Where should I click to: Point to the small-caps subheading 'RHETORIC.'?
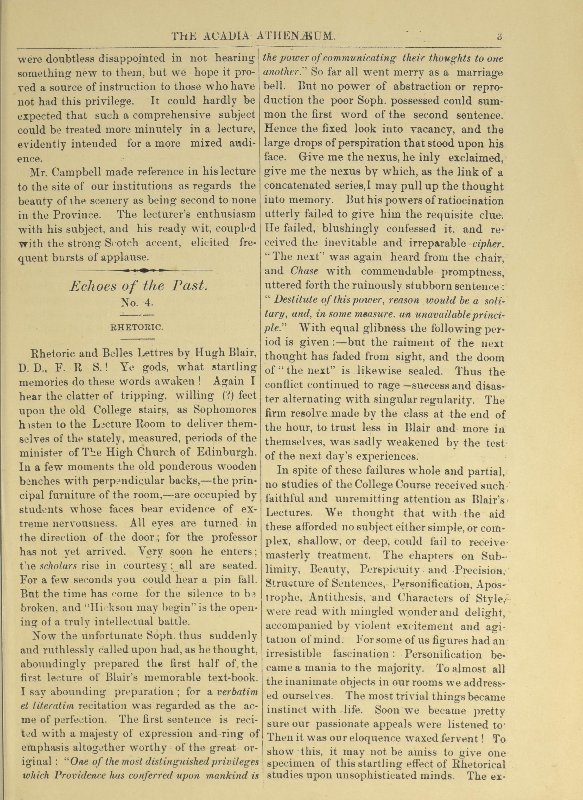tap(137, 327)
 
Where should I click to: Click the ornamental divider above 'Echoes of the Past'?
tap(144, 270)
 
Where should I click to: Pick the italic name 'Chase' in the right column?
tap(304, 271)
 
